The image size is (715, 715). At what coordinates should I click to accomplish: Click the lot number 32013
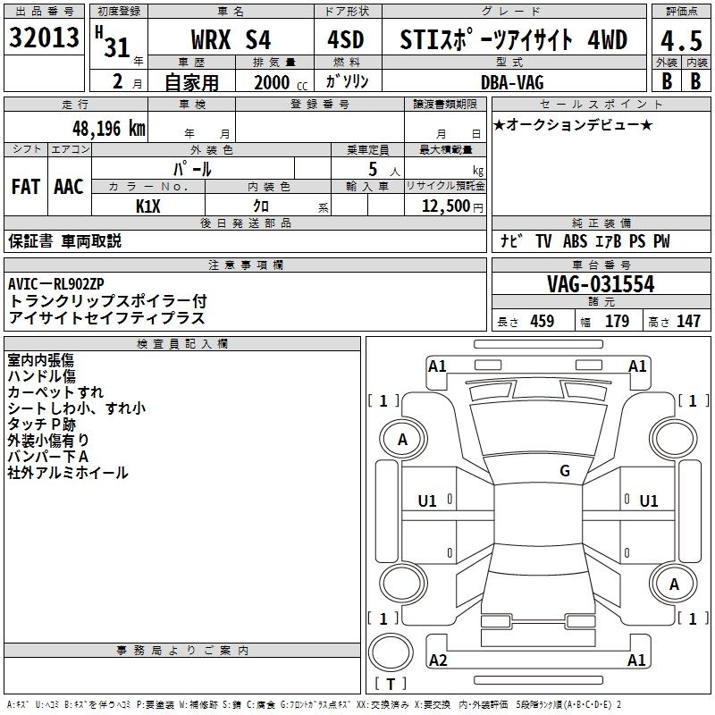click(44, 38)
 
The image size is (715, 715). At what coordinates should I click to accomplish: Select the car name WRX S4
click(231, 39)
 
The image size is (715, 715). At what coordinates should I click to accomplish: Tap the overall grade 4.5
click(681, 40)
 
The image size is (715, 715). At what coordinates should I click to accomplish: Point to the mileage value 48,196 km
click(108, 129)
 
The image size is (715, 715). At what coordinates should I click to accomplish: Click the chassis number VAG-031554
click(601, 284)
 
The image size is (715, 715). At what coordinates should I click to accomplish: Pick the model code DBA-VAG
click(512, 82)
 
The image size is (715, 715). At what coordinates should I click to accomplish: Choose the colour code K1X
click(148, 206)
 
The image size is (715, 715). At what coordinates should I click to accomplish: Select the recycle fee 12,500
click(445, 206)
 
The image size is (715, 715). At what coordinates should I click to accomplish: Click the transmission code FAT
click(26, 187)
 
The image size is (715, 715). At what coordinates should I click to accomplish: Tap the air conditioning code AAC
click(69, 187)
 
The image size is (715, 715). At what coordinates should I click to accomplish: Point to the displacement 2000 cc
click(281, 82)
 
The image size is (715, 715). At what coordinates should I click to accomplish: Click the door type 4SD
click(346, 39)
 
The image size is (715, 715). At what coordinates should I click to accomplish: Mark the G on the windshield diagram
click(565, 471)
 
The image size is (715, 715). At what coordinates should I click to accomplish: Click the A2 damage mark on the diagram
click(438, 660)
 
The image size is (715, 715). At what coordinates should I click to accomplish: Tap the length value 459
click(543, 321)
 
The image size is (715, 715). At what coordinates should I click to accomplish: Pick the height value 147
click(688, 321)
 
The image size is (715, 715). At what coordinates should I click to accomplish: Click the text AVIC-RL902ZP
click(56, 283)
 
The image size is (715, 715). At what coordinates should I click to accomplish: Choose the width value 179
click(617, 321)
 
